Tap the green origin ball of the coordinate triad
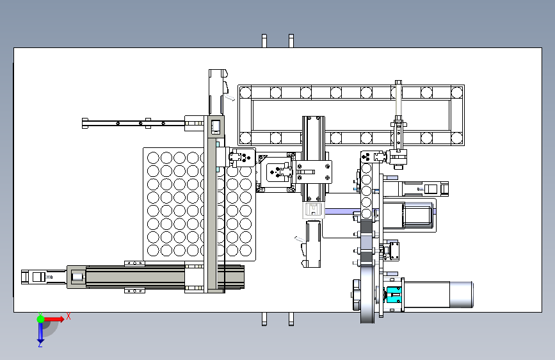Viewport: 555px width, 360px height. [x=40, y=318]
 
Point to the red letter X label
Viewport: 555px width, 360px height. [x=68, y=316]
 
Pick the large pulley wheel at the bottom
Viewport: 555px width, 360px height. [x=367, y=294]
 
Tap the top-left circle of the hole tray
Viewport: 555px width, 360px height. [x=153, y=158]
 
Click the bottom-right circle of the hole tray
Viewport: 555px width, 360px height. [x=246, y=250]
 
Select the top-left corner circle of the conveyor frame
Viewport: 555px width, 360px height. [x=245, y=92]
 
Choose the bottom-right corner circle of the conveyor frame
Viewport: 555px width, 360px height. [x=457, y=138]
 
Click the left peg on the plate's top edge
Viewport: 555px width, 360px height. [x=264, y=41]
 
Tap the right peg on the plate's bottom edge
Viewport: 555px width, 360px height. [x=291, y=318]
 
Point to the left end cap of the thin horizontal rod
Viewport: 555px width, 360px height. [x=85, y=123]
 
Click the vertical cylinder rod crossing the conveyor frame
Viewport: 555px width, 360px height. [x=398, y=115]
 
